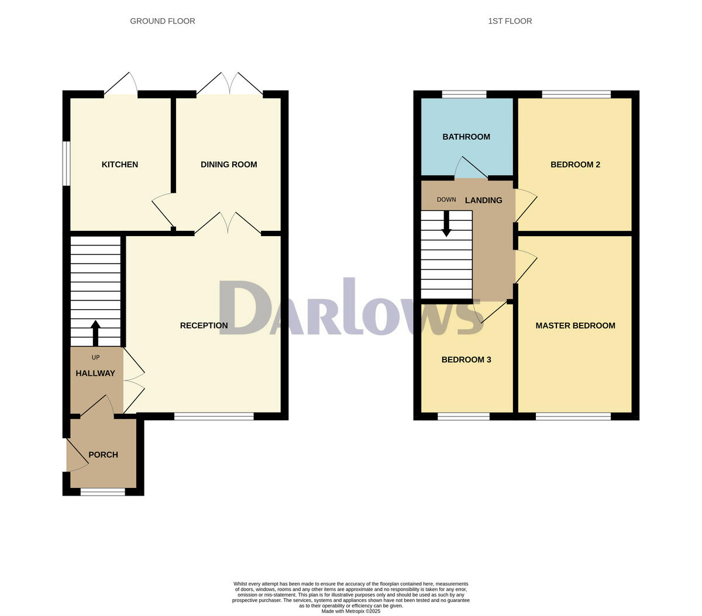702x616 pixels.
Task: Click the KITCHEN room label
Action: [120, 165]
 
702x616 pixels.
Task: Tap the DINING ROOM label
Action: [229, 165]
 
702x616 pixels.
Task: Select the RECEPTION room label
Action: [204, 326]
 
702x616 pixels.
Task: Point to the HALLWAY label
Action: [95, 373]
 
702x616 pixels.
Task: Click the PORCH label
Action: [103, 455]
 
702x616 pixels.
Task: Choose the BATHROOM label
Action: [466, 137]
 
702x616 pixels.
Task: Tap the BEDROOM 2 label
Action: [575, 165]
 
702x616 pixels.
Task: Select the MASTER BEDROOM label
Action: [575, 326]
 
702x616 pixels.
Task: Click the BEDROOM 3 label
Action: [466, 360]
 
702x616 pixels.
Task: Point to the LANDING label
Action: [483, 200]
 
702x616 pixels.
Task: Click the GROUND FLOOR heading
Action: [163, 21]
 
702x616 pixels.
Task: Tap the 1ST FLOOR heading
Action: [510, 21]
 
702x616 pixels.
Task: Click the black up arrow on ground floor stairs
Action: [95, 333]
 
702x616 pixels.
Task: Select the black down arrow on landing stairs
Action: [446, 224]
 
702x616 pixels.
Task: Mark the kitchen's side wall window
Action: [67, 164]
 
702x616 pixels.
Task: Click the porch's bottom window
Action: [102, 492]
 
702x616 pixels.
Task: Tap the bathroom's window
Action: [464, 94]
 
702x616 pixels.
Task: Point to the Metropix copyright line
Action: [351, 611]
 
